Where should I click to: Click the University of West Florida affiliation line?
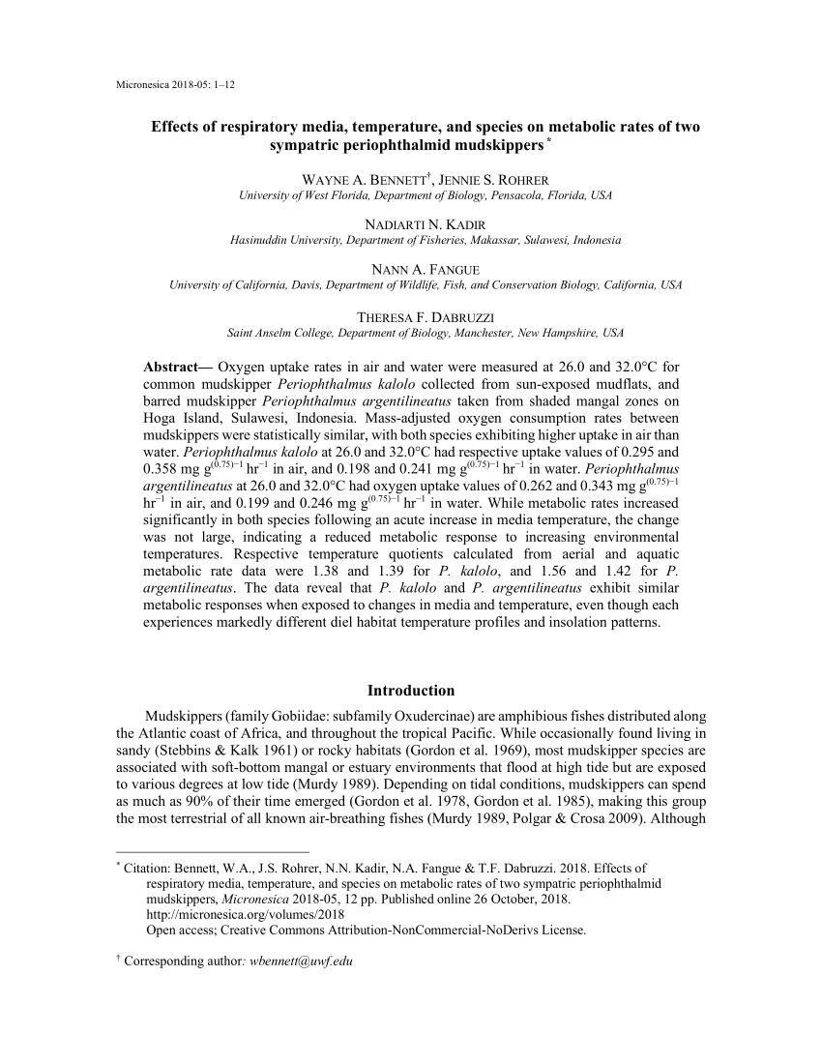click(426, 195)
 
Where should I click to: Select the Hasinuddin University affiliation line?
click(426, 240)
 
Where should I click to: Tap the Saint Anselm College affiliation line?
click(426, 333)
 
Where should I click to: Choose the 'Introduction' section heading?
click(411, 691)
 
